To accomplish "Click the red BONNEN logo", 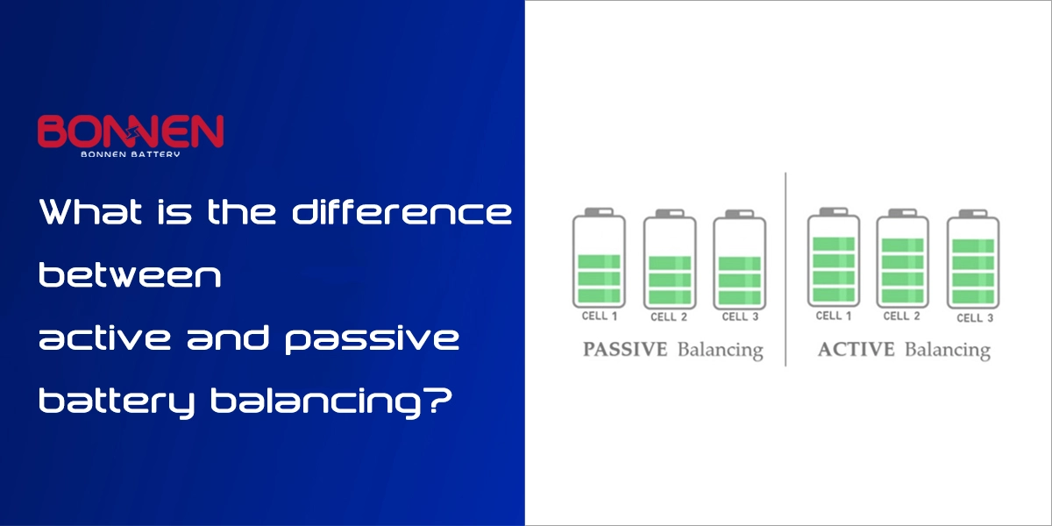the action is click(131, 131).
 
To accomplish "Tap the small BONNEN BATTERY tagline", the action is click(131, 154).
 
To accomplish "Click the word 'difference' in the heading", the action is click(402, 212).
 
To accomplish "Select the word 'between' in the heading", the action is click(130, 274).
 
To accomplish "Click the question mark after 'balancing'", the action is click(440, 401).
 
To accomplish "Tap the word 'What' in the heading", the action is click(90, 212).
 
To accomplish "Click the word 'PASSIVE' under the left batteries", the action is click(625, 350).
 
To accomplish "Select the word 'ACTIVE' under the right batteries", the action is click(857, 350).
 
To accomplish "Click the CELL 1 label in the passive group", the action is click(600, 316).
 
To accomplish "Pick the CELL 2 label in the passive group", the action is click(669, 317).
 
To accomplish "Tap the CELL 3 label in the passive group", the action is click(740, 316).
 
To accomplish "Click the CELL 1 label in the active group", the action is click(834, 316).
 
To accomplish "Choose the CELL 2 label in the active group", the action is click(902, 316).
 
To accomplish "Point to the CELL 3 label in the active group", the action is click(975, 318).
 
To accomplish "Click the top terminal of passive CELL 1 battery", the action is click(599, 212).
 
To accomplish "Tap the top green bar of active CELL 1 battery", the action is click(834, 245).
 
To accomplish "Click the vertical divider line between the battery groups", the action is click(785, 269).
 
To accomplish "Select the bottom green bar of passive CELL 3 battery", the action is click(740, 297).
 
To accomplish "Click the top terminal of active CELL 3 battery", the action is click(972, 214).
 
